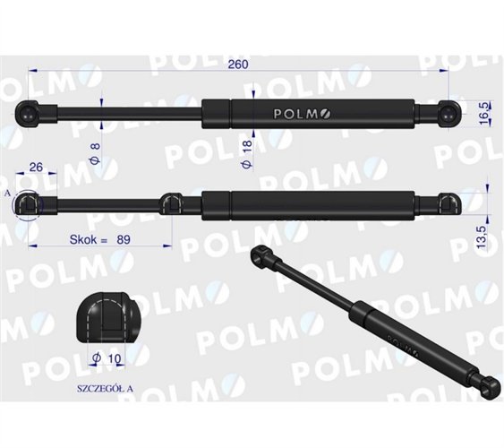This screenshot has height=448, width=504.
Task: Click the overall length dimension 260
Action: click(237, 64)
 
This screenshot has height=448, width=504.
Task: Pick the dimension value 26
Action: click(38, 167)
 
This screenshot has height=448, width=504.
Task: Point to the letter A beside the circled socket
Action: click(7, 193)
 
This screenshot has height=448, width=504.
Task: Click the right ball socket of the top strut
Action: click(448, 113)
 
